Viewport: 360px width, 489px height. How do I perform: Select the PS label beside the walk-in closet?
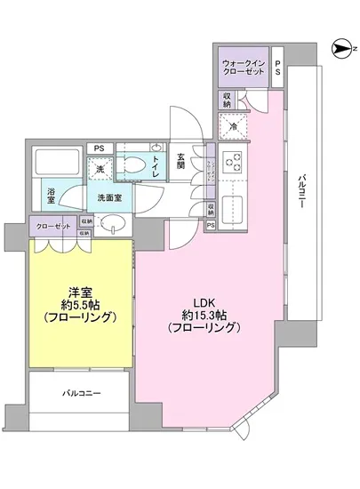click(277, 69)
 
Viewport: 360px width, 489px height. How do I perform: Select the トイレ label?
click(156, 164)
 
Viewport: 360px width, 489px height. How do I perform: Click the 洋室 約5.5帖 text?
click(81, 305)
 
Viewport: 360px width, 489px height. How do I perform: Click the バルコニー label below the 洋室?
click(81, 392)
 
